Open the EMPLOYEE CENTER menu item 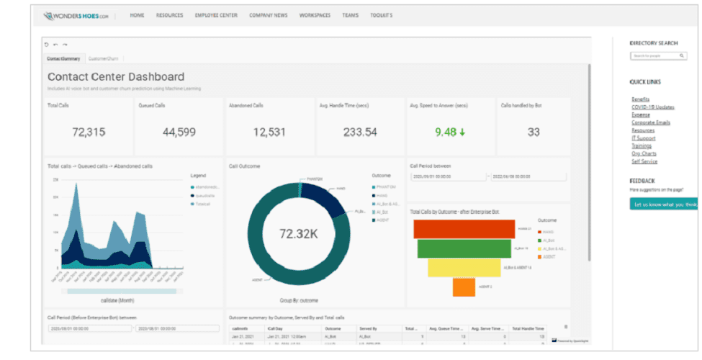pos(216,15)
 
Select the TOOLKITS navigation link pos(381,15)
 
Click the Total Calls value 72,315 pos(89,132)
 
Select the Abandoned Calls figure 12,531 pos(270,132)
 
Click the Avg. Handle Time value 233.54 pos(360,132)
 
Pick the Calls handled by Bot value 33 pos(534,132)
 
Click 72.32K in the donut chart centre pos(297,233)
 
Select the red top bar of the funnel pos(464,229)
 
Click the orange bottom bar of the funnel pos(464,287)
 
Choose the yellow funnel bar pos(464,267)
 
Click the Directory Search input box pos(657,55)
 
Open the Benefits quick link pos(641,99)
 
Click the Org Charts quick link pos(644,153)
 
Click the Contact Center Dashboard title pos(116,76)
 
